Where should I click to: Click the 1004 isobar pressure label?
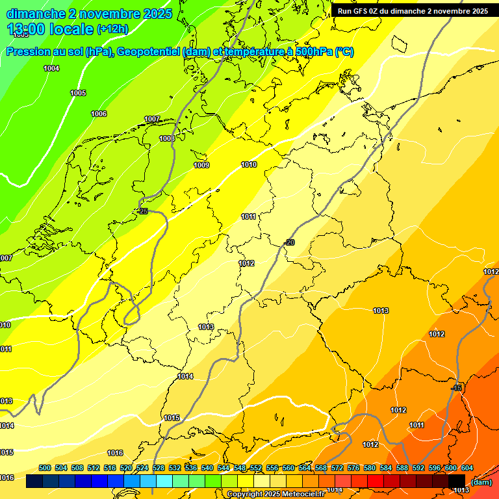[x=51, y=68]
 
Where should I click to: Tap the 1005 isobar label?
[x=78, y=93]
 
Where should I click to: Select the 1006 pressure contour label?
[x=99, y=114]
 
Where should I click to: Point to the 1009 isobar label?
[x=201, y=165]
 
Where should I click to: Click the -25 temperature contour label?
[x=142, y=211]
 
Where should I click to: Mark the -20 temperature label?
[x=289, y=242]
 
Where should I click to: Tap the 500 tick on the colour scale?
[x=45, y=468]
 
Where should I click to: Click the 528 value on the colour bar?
[x=159, y=468]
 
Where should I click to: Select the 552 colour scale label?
[x=256, y=468]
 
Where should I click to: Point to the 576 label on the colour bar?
[x=353, y=468]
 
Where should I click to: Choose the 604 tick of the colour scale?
[x=467, y=468]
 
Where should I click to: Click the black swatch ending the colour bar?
[x=457, y=481]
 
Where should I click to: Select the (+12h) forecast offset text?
[x=112, y=29]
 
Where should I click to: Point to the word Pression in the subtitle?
[x=27, y=52]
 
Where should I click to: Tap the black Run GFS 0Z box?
[x=413, y=11]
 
